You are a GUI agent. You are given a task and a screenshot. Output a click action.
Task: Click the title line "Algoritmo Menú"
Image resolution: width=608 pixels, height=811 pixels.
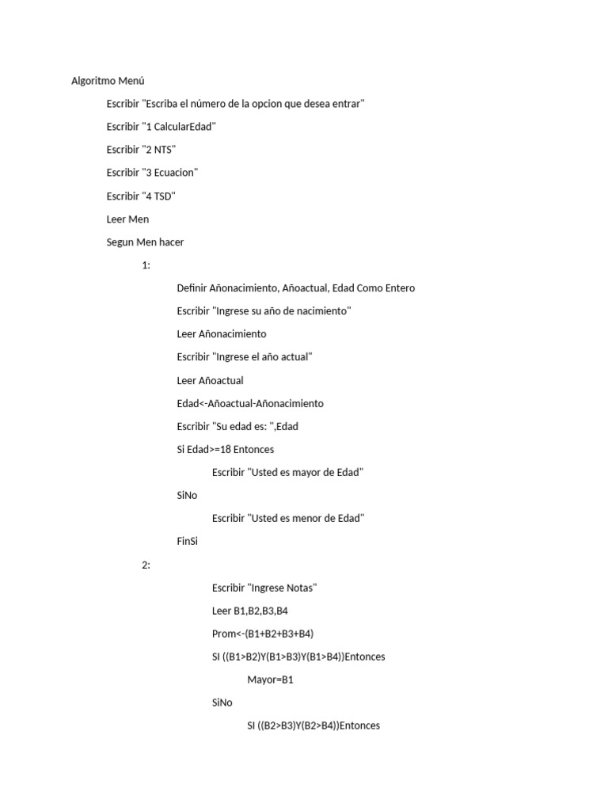tap(108, 81)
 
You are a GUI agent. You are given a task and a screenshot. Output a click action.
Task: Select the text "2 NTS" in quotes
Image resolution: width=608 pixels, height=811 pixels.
tap(158, 150)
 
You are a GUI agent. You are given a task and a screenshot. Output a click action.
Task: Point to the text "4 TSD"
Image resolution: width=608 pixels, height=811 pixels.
tap(158, 196)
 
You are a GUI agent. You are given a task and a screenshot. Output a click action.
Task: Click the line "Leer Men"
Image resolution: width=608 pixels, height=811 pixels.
tap(127, 219)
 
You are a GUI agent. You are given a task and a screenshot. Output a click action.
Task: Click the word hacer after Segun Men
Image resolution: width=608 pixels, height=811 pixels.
tap(171, 242)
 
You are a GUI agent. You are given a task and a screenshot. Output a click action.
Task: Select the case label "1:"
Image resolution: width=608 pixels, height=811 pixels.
tap(146, 265)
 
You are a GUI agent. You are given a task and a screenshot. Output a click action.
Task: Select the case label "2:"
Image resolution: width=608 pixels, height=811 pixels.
tap(146, 565)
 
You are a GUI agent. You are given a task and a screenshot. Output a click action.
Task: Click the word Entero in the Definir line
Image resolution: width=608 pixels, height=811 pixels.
tap(399, 288)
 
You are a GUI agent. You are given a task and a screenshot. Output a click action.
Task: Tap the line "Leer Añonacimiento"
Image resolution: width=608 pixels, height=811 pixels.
tap(222, 334)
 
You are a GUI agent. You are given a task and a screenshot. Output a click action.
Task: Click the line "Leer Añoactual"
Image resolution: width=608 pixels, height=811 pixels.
tap(210, 380)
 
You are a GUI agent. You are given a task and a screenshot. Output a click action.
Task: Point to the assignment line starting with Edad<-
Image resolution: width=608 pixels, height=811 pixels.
tap(250, 403)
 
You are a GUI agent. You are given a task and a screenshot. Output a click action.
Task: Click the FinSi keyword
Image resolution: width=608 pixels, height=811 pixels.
tap(188, 542)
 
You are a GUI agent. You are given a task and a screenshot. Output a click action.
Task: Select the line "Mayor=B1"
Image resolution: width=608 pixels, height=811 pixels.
tap(270, 680)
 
